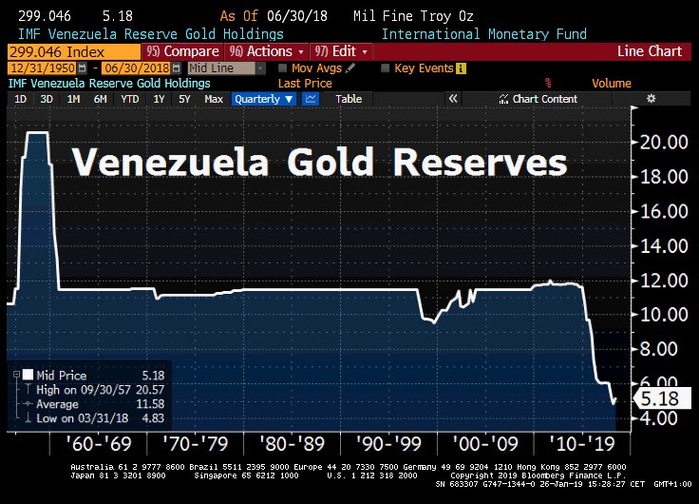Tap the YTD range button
pos(130,99)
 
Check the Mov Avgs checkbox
pos(284,68)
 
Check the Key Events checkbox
pos(385,68)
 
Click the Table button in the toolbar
pos(349,99)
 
